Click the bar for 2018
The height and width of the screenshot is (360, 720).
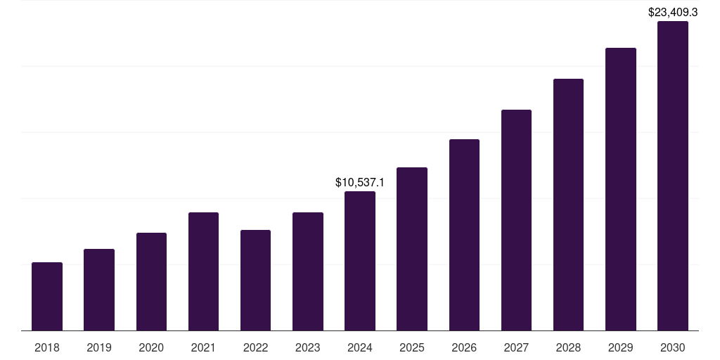(47, 296)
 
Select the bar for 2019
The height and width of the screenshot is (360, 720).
(99, 290)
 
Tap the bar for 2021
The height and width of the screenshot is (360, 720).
(203, 271)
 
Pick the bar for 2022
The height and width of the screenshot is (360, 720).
(255, 280)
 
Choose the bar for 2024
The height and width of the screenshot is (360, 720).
(360, 261)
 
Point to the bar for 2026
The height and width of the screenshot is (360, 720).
(464, 235)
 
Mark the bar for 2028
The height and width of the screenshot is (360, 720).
(568, 205)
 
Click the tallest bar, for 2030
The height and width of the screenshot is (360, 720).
(673, 176)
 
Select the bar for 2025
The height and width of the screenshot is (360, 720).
(412, 249)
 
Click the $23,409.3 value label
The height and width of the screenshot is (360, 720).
(673, 12)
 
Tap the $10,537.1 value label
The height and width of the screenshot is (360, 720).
(360, 183)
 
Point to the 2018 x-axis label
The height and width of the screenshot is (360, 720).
(47, 347)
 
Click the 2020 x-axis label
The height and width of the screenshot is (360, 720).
(151, 347)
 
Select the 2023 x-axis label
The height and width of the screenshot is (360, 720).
(308, 347)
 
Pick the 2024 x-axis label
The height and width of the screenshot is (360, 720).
(360, 347)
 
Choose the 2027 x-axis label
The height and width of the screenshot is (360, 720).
(516, 347)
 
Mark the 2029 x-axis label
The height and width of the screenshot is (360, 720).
(621, 347)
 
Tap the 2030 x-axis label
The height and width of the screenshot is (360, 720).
(673, 347)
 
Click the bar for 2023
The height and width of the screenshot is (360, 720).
(308, 271)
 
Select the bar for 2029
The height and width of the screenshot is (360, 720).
(621, 189)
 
